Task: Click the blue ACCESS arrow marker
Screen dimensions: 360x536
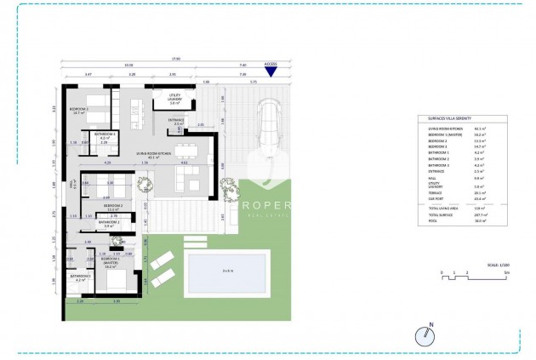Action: [x=271, y=71]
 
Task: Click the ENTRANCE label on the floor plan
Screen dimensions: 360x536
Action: [x=176, y=121]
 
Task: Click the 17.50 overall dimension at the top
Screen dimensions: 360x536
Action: [x=175, y=59]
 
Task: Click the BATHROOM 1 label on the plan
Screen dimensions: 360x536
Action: [x=80, y=276]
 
